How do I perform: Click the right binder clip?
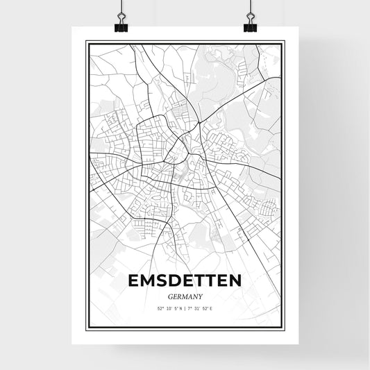coord(249,26)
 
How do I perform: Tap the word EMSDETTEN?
coord(185,281)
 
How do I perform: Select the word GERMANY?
coord(185,296)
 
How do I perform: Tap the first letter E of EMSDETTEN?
coord(133,281)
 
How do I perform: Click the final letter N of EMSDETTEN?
coord(236,281)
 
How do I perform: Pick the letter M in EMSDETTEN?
coord(147,281)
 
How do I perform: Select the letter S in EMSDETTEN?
coord(161,281)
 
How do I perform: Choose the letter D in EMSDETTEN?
coord(174,281)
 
